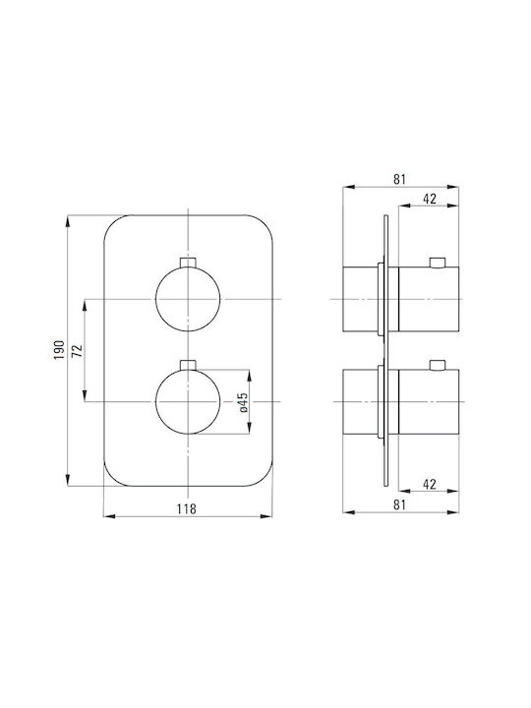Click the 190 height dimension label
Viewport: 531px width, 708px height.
pyautogui.click(x=59, y=350)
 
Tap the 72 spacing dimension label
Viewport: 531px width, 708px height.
pyautogui.click(x=78, y=350)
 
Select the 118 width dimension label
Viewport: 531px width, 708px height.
pyautogui.click(x=187, y=509)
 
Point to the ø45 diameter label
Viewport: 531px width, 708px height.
pyautogui.click(x=243, y=402)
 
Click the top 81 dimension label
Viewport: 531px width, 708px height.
pyautogui.click(x=399, y=179)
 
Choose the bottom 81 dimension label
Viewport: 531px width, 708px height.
pyautogui.click(x=399, y=504)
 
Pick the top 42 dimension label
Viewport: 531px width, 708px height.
pyautogui.click(x=430, y=199)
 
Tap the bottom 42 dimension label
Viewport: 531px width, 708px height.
pyautogui.click(x=430, y=484)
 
